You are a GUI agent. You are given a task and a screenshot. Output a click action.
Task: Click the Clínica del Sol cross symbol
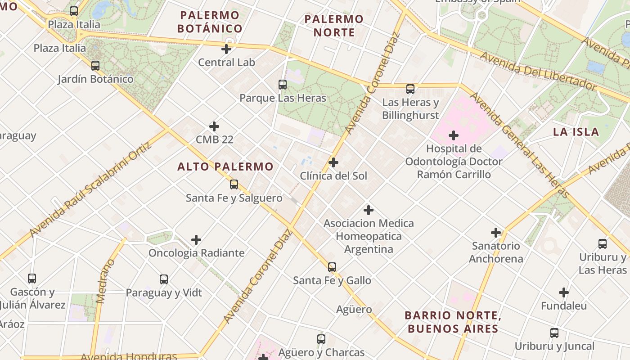(x=333, y=162)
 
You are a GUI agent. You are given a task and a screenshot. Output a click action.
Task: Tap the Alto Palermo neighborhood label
(x=225, y=166)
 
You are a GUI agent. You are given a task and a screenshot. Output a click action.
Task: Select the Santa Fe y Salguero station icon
(x=234, y=184)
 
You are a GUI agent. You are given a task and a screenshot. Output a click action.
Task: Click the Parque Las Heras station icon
(x=283, y=84)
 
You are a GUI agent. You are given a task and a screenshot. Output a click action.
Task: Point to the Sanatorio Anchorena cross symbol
(x=496, y=233)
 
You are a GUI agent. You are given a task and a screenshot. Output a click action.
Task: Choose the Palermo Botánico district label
(x=210, y=22)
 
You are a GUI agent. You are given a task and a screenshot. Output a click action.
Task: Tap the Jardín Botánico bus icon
(x=95, y=66)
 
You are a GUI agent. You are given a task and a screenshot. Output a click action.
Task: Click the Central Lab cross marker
(x=227, y=49)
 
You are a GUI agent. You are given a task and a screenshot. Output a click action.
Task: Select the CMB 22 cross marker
(x=214, y=126)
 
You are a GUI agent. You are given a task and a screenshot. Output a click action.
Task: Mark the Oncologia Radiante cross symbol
(x=196, y=240)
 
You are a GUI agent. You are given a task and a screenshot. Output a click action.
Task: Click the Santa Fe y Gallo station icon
(x=332, y=267)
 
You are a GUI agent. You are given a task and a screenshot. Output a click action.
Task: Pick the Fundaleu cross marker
(x=564, y=293)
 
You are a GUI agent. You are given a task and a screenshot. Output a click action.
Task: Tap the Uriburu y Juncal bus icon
(x=554, y=333)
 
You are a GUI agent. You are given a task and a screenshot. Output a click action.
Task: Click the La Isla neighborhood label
(x=576, y=132)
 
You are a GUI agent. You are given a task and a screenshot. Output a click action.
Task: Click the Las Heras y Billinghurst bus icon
(x=410, y=89)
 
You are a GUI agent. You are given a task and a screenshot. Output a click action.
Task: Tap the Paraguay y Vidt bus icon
(x=164, y=279)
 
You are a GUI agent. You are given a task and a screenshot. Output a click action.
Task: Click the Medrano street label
(x=103, y=281)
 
